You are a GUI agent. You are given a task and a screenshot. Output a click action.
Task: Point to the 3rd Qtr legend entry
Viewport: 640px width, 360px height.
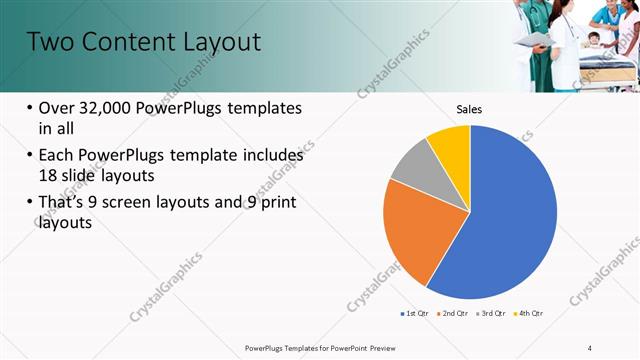point(489,314)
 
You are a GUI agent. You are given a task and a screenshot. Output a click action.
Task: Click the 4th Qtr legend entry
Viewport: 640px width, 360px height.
point(526,314)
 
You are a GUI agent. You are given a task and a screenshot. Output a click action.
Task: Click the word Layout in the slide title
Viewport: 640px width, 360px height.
point(217,42)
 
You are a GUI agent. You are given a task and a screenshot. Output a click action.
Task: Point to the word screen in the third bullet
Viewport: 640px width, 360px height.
point(164,203)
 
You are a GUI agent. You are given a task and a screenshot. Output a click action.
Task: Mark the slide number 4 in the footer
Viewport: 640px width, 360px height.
point(590,347)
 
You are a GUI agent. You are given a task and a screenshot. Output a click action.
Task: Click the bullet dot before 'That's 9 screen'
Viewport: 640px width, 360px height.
point(29,204)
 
